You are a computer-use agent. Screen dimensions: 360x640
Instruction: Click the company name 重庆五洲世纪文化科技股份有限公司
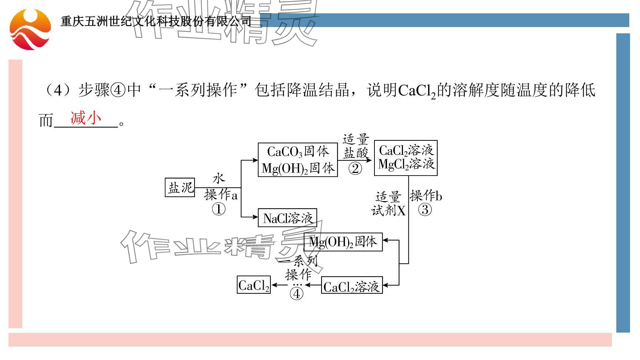pos(156,21)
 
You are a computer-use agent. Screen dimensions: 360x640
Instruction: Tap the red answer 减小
pos(86,118)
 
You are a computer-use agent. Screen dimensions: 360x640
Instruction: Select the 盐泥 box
pos(180,187)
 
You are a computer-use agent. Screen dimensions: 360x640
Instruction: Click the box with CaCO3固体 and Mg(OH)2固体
pos(298,160)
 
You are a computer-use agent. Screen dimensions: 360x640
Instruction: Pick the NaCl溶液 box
pos(287,218)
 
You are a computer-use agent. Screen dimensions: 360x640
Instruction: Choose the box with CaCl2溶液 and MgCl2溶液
pos(406,158)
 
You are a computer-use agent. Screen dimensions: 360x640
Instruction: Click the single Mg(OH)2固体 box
pos(343,242)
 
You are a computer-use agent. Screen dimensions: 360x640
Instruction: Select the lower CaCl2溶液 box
pos(351,286)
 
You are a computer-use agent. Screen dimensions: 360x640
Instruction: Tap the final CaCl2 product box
pos(254,285)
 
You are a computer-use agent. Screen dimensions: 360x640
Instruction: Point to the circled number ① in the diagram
pos(219,210)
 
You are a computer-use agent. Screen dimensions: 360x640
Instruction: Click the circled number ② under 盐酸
pos(355,169)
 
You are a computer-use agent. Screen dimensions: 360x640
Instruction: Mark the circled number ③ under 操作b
pos(425,210)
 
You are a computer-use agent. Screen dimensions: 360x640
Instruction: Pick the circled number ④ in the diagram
pos(296,294)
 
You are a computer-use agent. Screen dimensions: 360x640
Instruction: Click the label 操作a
pos(221,194)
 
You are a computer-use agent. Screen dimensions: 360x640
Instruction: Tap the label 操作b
pos(426,196)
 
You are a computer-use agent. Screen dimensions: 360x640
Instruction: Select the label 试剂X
pos(389,211)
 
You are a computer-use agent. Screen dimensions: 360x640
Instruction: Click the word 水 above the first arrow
pos(219,179)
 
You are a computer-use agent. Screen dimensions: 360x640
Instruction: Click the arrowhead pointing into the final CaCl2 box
pos(274,285)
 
